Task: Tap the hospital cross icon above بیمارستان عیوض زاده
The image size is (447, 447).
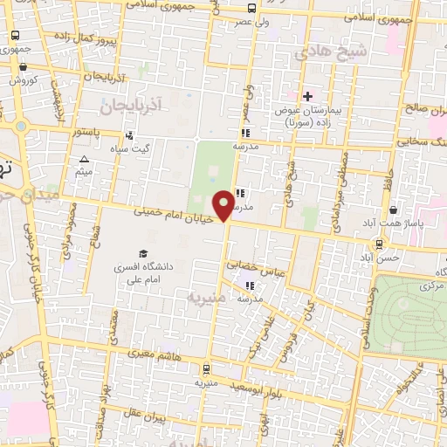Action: [306, 95]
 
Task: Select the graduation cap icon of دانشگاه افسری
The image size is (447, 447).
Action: [142, 253]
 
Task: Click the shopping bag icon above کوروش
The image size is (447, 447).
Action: [23, 66]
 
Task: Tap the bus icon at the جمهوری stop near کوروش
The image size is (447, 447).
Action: [15, 36]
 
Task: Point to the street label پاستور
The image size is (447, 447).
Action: [86, 134]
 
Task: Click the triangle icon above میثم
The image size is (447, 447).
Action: [84, 158]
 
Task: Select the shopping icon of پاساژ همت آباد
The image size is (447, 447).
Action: [394, 210]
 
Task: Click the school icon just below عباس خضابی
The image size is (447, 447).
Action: [250, 285]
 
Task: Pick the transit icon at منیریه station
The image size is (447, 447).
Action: [205, 369]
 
